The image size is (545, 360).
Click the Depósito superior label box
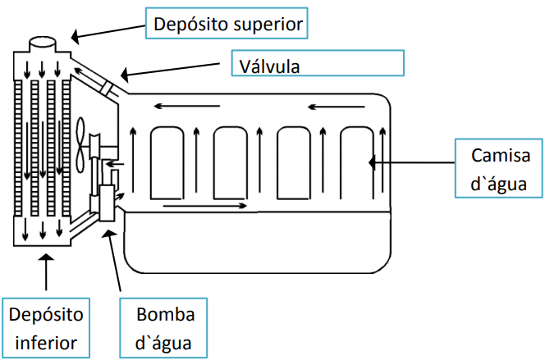pos(227,24)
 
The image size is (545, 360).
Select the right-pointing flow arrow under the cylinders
pos(205,205)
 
